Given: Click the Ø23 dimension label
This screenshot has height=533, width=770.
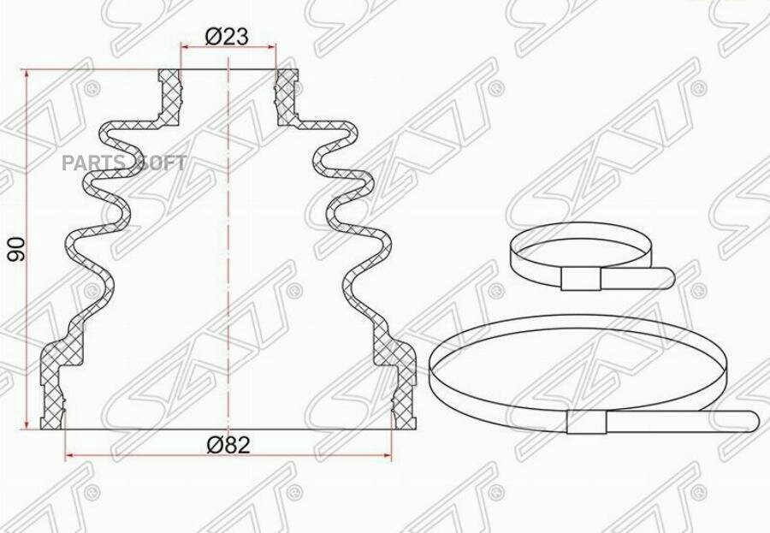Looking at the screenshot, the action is click(228, 36).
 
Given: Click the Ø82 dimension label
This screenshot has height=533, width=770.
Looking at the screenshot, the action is click(228, 445).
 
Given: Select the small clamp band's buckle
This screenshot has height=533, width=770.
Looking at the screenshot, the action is click(581, 280).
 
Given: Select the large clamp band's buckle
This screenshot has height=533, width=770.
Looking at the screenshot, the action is click(587, 422).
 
